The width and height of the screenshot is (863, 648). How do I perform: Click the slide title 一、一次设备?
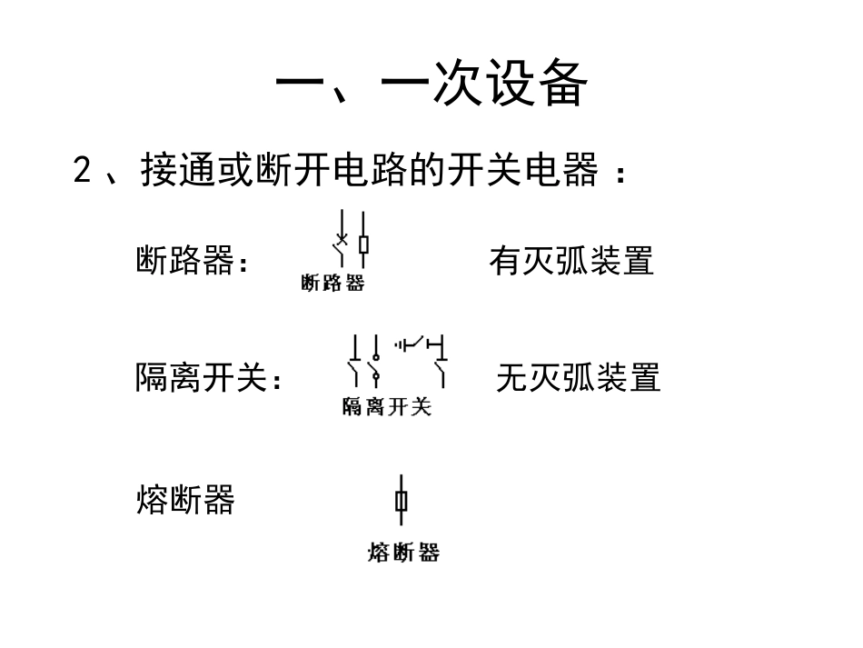coord(431,85)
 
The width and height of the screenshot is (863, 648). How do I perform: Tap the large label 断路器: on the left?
coord(192,262)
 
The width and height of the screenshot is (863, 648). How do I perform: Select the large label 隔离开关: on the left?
coord(209,377)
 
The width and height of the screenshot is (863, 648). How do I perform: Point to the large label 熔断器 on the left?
coord(185,500)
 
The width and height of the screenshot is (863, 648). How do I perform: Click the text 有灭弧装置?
coord(570,262)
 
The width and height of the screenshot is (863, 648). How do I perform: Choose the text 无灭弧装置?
coord(578,377)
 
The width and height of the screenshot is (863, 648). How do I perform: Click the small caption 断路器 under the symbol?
coord(332,284)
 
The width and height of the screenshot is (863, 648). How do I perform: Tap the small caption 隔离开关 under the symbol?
coord(386,406)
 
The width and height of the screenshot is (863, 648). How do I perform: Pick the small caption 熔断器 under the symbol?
coord(403,552)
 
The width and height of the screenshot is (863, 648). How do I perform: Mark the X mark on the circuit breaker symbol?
coord(341,242)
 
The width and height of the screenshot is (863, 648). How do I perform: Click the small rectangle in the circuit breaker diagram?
coord(362,244)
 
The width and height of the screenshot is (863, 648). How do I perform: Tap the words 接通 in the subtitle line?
coord(178,171)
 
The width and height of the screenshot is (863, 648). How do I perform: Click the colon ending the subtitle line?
coord(620,173)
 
